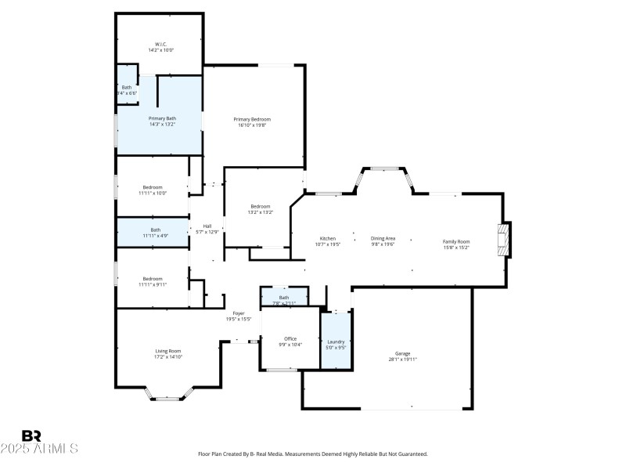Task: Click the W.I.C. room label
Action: tap(160, 44)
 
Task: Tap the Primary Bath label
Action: tap(162, 117)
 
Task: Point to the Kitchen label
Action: tap(328, 238)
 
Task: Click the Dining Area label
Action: tap(383, 238)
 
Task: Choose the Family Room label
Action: tap(456, 241)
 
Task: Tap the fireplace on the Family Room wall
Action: tap(505, 241)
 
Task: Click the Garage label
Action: tap(403, 353)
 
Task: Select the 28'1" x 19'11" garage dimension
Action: tap(403, 359)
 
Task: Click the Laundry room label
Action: tap(336, 342)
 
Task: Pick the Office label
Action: tap(290, 338)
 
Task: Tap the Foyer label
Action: tap(239, 313)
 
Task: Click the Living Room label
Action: tap(168, 351)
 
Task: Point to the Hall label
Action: tap(208, 226)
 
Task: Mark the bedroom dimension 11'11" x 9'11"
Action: tap(153, 284)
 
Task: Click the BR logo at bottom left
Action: tap(32, 436)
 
